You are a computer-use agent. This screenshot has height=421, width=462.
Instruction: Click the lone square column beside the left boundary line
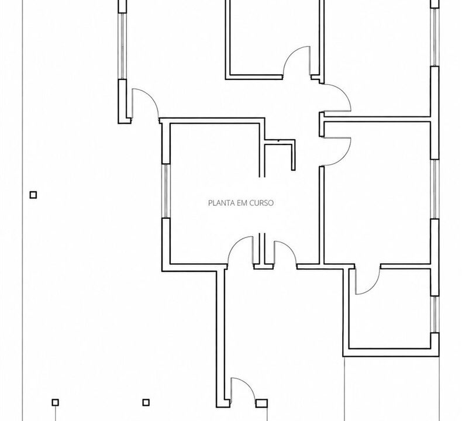33,195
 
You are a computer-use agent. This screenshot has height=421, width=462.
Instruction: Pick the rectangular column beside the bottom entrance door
261,403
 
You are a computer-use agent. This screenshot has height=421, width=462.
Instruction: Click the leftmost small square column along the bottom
55,402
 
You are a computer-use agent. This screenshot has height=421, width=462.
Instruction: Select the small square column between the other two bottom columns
146,402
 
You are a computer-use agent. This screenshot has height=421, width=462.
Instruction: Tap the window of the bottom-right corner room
435,315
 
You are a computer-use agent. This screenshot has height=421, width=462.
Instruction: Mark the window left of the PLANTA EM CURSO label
166,191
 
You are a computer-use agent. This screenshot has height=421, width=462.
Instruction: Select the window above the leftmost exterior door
122,46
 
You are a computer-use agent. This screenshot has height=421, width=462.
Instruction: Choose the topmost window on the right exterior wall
435,37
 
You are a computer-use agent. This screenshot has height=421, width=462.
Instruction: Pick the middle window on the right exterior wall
435,189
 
